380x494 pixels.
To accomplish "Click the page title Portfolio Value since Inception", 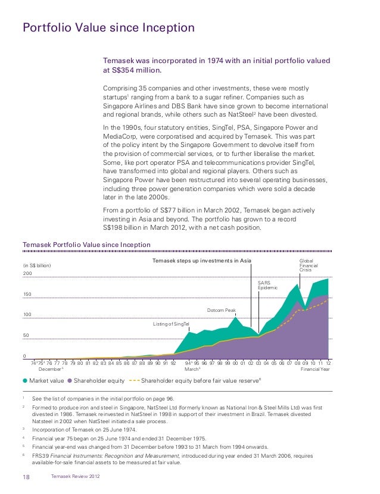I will pyautogui.click(x=108, y=27).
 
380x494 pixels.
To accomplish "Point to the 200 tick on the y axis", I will pyautogui.click(x=27, y=274).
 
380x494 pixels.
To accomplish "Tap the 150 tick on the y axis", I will pyautogui.click(x=27, y=294).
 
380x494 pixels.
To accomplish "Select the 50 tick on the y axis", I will pyautogui.click(x=26, y=336).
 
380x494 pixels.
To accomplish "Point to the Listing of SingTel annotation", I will pyautogui.click(x=172, y=324).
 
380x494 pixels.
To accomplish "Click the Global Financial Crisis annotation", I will pyautogui.click(x=309, y=265).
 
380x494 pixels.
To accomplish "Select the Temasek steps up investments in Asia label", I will pyautogui.click(x=203, y=261).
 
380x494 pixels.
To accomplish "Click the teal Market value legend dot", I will pyautogui.click(x=25, y=380).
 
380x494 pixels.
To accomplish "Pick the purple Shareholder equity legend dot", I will pyautogui.click(x=70, y=380).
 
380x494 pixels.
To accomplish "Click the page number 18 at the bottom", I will pyautogui.click(x=27, y=477).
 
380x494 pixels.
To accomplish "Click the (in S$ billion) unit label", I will pyautogui.click(x=37, y=265).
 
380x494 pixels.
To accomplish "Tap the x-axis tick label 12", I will pyautogui.click(x=328, y=362).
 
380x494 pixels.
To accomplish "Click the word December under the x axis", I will pyautogui.click(x=50, y=369).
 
